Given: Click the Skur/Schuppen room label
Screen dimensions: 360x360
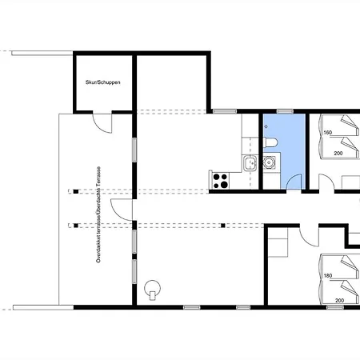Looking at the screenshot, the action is [102, 82].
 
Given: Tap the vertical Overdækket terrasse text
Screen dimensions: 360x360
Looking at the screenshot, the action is [98, 214].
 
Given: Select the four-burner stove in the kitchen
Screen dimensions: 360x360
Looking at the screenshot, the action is [221, 181].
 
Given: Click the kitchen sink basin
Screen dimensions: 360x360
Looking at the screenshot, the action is [250, 162].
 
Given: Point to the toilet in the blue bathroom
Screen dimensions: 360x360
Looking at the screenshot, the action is [270, 142].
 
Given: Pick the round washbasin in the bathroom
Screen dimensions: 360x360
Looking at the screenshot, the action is [269, 162].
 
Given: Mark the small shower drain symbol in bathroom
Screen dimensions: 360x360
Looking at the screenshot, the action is [266, 126].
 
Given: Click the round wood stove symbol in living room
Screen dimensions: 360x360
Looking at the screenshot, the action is [152, 289].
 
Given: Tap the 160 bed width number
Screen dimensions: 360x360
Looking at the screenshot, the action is [328, 133].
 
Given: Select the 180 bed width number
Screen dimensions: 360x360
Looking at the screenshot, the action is [328, 276].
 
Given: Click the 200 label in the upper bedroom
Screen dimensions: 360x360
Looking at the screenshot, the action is [338, 154].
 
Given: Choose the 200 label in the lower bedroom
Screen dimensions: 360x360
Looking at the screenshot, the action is [339, 301].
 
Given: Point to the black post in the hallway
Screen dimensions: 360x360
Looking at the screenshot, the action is [223, 226].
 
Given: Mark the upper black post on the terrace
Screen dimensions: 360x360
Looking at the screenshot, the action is [76, 191].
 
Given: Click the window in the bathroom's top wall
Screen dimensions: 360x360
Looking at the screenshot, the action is [285, 111].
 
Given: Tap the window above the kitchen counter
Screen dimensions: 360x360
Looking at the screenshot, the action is [225, 111].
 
